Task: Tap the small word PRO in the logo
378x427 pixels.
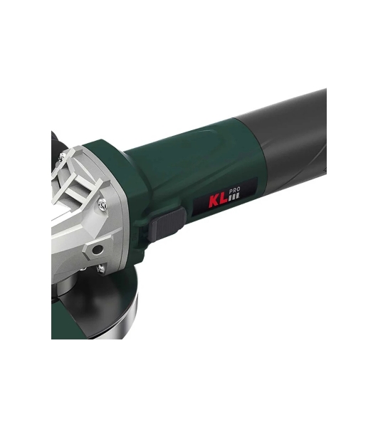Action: point(234,190)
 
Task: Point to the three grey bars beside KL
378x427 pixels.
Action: point(234,197)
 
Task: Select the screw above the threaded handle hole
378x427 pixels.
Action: point(103,204)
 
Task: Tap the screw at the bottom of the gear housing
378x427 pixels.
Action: point(101,269)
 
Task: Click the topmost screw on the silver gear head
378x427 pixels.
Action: point(63,157)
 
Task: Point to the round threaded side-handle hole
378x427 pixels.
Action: point(98,248)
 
